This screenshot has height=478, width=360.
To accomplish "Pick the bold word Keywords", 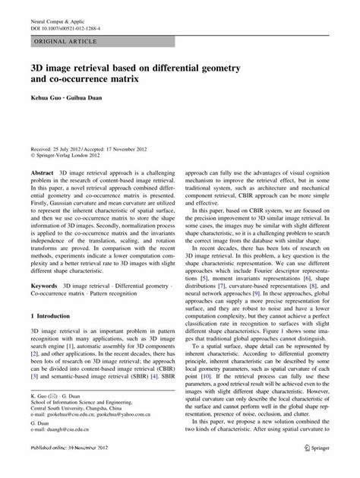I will click(44, 286).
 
